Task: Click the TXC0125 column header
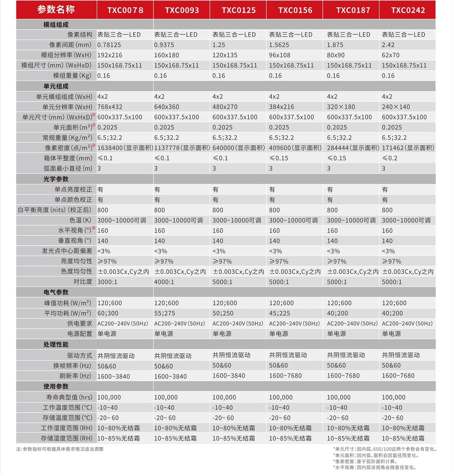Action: [x=238, y=10]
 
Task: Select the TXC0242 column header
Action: [x=408, y=10]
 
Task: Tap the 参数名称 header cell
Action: [x=56, y=10]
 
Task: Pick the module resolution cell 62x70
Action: [x=391, y=55]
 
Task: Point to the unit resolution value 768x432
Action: [x=110, y=107]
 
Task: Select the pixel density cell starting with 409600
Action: [x=295, y=148]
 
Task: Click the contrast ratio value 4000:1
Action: [x=164, y=282]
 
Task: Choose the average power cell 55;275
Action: [x=165, y=313]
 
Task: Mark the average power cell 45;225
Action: [x=280, y=313]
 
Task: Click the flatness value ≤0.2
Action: [x=391, y=158]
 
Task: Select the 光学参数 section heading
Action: [x=56, y=179]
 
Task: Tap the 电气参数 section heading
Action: [x=56, y=292]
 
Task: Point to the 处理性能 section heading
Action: [x=56, y=345]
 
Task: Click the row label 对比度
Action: [x=82, y=282]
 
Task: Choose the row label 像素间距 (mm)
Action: [x=70, y=45]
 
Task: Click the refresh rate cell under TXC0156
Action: [x=285, y=376]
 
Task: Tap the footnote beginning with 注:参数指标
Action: [x=60, y=449]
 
